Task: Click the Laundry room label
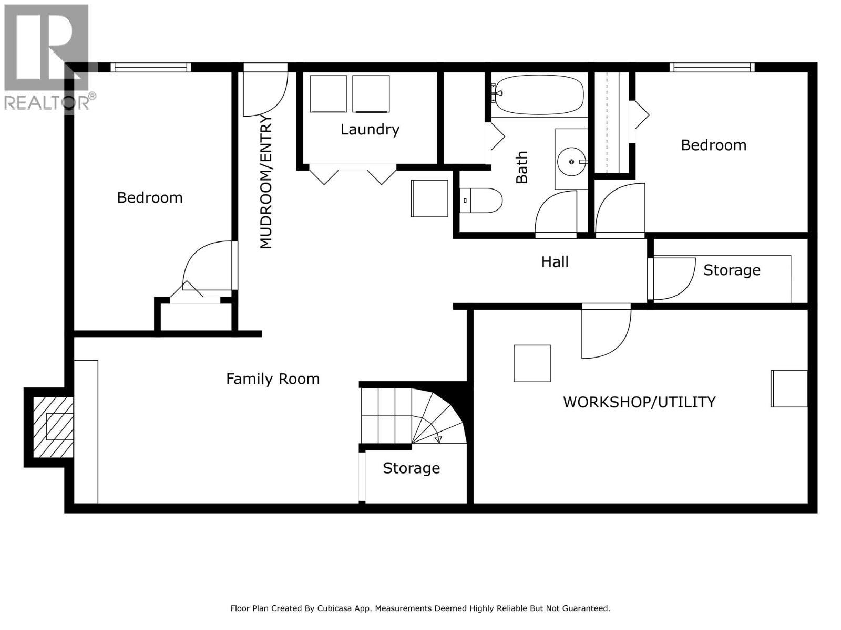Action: click(370, 130)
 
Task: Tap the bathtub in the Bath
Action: click(539, 95)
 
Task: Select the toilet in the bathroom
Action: click(481, 201)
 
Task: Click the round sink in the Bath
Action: click(571, 161)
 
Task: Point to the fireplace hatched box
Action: click(53, 426)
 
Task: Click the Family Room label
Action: click(273, 379)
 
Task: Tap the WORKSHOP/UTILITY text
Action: click(639, 402)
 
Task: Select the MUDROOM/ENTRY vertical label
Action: click(266, 182)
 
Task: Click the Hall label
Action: click(555, 262)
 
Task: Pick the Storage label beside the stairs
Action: click(411, 468)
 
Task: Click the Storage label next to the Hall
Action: click(732, 270)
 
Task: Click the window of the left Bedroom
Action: click(150, 67)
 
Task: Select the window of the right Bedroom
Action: click(712, 67)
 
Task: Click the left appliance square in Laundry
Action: click(328, 94)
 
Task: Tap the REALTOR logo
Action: click(49, 58)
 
